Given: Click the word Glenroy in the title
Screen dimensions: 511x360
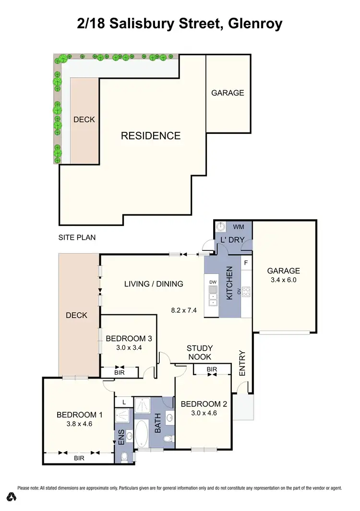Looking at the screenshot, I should tap(255, 24).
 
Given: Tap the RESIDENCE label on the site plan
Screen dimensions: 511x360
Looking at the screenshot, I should tap(151, 136).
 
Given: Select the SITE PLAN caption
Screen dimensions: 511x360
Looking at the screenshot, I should tap(77, 237).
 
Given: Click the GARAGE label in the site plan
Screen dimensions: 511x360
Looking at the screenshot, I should tap(228, 93).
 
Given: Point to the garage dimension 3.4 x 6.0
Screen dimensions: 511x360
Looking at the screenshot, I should tap(284, 279).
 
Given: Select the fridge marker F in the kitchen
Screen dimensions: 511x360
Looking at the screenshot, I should tap(246, 262).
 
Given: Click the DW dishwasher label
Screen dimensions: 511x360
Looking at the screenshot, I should tap(213, 282).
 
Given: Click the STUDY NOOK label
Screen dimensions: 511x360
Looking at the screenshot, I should tap(200, 352).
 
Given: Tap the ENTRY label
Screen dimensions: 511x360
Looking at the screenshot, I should tap(242, 363).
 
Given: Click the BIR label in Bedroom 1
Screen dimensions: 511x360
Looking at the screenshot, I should tap(79, 458).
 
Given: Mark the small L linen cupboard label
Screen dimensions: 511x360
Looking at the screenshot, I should tap(124, 402).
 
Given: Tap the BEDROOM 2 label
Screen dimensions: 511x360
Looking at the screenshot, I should tap(203, 404).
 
